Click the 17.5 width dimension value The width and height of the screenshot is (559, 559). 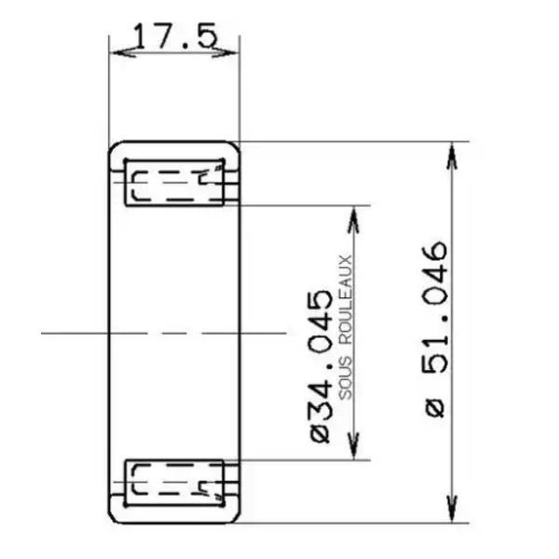(175, 35)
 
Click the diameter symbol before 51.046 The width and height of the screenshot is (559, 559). (435, 407)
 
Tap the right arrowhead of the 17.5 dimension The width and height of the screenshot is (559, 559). (225, 52)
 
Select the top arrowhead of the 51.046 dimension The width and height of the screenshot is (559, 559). (452, 156)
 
